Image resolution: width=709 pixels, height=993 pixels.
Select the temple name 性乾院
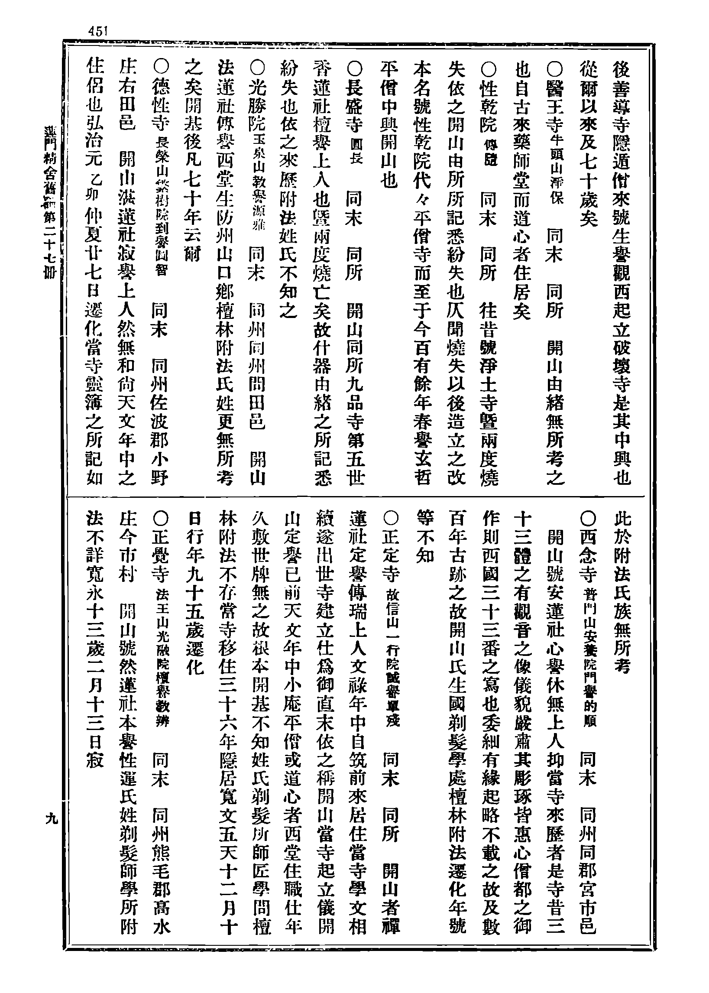point(488,107)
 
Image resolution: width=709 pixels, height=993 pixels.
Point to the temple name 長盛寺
point(354,107)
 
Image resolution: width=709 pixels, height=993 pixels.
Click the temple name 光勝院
point(256,107)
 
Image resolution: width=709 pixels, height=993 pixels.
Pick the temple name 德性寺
point(159,107)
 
